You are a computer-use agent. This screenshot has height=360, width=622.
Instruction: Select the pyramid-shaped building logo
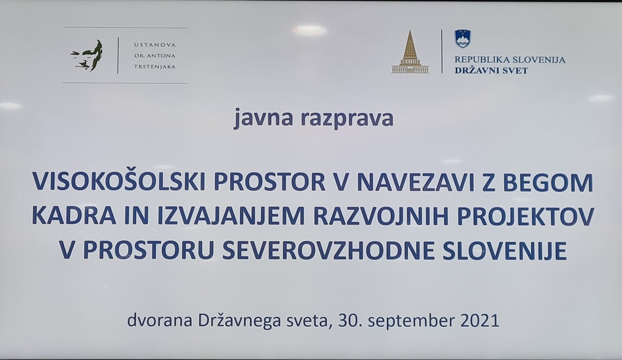point(410,52)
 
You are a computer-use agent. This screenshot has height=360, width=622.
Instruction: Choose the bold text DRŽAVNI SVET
point(491,70)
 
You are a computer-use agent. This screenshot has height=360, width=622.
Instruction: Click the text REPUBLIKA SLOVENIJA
point(510,60)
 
